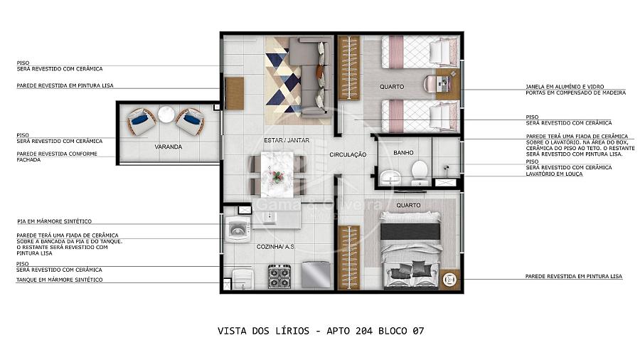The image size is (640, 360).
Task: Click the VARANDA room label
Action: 168,147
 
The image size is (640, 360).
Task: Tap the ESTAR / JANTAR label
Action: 287,140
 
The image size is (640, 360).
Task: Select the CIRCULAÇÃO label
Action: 348,154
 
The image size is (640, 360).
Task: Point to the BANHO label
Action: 403,152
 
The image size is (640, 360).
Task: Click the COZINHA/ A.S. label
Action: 275,247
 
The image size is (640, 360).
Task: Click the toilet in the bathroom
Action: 419,172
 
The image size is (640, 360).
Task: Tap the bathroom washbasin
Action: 390,178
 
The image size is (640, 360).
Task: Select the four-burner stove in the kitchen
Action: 279,276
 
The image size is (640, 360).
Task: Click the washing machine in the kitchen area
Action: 238,229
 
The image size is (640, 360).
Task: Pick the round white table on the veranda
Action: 166,115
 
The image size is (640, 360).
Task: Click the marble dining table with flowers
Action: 277,174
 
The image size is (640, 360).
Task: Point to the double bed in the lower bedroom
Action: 411,250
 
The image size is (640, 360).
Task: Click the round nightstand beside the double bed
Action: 449,279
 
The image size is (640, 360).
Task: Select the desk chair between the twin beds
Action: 430,85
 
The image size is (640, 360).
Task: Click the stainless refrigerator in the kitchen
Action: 316,275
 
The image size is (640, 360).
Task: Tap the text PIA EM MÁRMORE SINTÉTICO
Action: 54,221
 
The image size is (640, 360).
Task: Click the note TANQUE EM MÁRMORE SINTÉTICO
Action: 60,280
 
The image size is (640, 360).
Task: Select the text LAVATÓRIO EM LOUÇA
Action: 554,174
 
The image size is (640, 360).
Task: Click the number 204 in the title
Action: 364,331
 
